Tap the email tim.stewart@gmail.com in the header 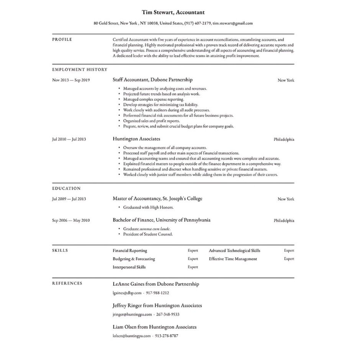tap(232, 23)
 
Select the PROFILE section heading tap(62, 39)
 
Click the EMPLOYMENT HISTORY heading tap(80, 69)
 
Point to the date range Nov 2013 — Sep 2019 tap(71, 80)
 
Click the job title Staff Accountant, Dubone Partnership tap(152, 80)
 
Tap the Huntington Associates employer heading tap(136, 139)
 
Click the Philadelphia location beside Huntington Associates tap(284, 139)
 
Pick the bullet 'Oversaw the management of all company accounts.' tap(165, 147)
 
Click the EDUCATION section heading tap(66, 188)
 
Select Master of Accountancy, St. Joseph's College tap(157, 198)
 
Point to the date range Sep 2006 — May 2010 tap(71, 221)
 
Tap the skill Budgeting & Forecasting tap(134, 259)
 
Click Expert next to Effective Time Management tap(289, 259)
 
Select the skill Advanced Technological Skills tap(234, 250)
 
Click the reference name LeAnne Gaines tap(129, 284)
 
